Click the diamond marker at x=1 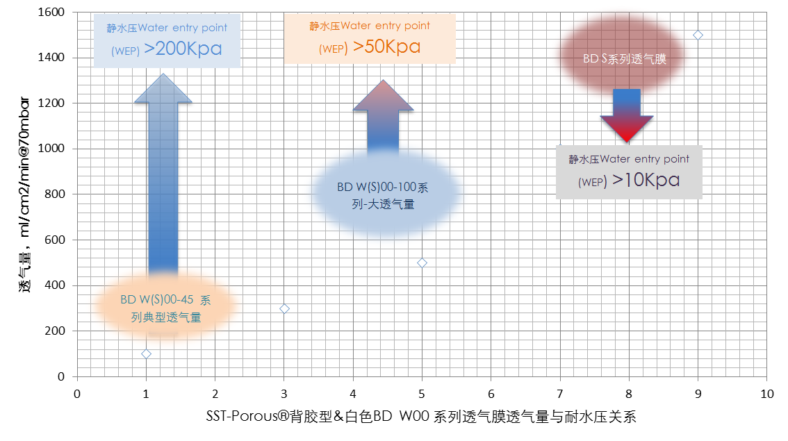[146, 354]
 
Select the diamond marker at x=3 [284, 309]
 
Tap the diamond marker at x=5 [422, 263]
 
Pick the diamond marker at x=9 [698, 35]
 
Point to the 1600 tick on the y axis [51, 12]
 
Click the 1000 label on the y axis [51, 148]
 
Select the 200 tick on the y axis [55, 331]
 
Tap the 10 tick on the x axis [767, 394]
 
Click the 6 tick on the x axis [491, 394]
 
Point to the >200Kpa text [183, 49]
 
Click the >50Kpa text [386, 47]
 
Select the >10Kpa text [646, 180]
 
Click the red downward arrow [627, 115]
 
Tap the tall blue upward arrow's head [163, 89]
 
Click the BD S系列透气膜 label [625, 59]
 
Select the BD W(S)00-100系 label [383, 188]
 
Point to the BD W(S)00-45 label [157, 300]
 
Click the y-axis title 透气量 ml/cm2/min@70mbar [24, 195]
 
